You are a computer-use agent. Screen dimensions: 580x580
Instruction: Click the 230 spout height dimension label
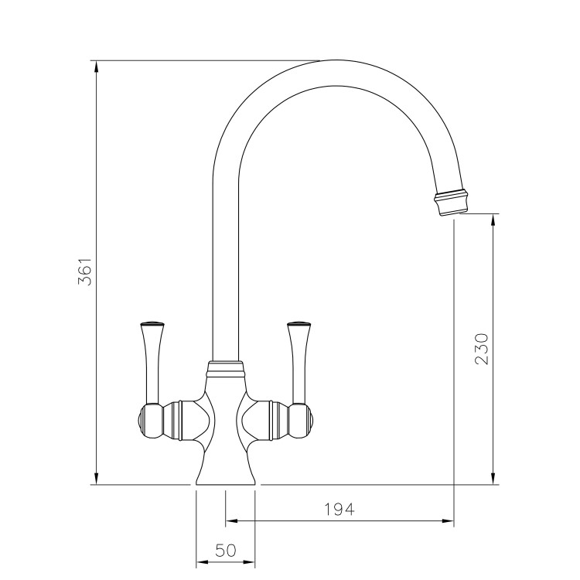tap(482, 349)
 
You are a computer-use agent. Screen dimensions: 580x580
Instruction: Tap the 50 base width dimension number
tap(225, 551)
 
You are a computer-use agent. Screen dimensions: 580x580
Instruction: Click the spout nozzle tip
tap(451, 203)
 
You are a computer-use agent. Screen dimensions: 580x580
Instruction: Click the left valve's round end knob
tap(143, 418)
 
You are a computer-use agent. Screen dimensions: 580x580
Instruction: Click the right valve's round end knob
tap(307, 418)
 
